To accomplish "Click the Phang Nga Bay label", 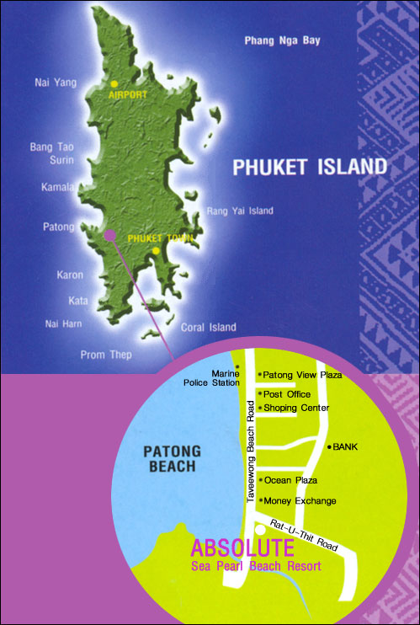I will [x=282, y=40].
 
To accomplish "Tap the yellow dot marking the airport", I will [x=114, y=83].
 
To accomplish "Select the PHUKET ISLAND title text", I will [x=310, y=166].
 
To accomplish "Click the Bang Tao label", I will [x=51, y=147].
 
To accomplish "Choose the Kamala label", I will [x=57, y=187].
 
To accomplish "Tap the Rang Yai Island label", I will [x=240, y=211].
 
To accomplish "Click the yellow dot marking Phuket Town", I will [x=157, y=250].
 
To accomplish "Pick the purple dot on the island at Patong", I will [x=109, y=237].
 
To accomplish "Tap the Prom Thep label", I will [x=105, y=355].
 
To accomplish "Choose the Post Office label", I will [x=287, y=394].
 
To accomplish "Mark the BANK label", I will [x=346, y=446].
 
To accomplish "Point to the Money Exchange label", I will [x=300, y=501].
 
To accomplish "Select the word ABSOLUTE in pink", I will [x=243, y=548].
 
